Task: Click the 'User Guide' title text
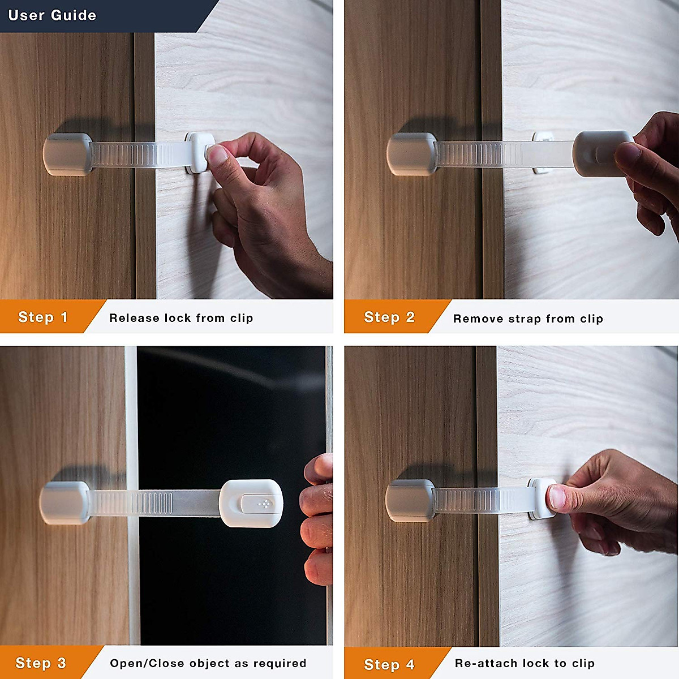point(52,15)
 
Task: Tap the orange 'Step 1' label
point(43,317)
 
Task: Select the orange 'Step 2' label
point(389,317)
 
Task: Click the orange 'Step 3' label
point(41,663)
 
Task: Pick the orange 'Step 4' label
point(389,664)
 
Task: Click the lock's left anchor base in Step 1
point(67,154)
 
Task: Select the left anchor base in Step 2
point(411,153)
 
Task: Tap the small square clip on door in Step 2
point(542,137)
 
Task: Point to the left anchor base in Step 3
point(64,502)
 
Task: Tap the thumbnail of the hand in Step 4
point(557,497)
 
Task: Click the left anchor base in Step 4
point(410,500)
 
